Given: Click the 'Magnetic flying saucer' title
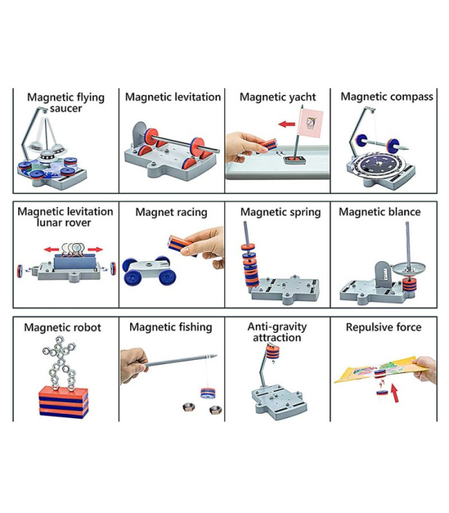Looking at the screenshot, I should tap(65, 103).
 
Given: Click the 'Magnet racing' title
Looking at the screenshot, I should tap(171, 212).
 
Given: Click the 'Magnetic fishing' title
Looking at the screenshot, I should tap(171, 327).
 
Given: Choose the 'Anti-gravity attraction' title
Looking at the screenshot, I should tap(277, 332).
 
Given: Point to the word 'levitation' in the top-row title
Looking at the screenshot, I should tap(197, 97).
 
